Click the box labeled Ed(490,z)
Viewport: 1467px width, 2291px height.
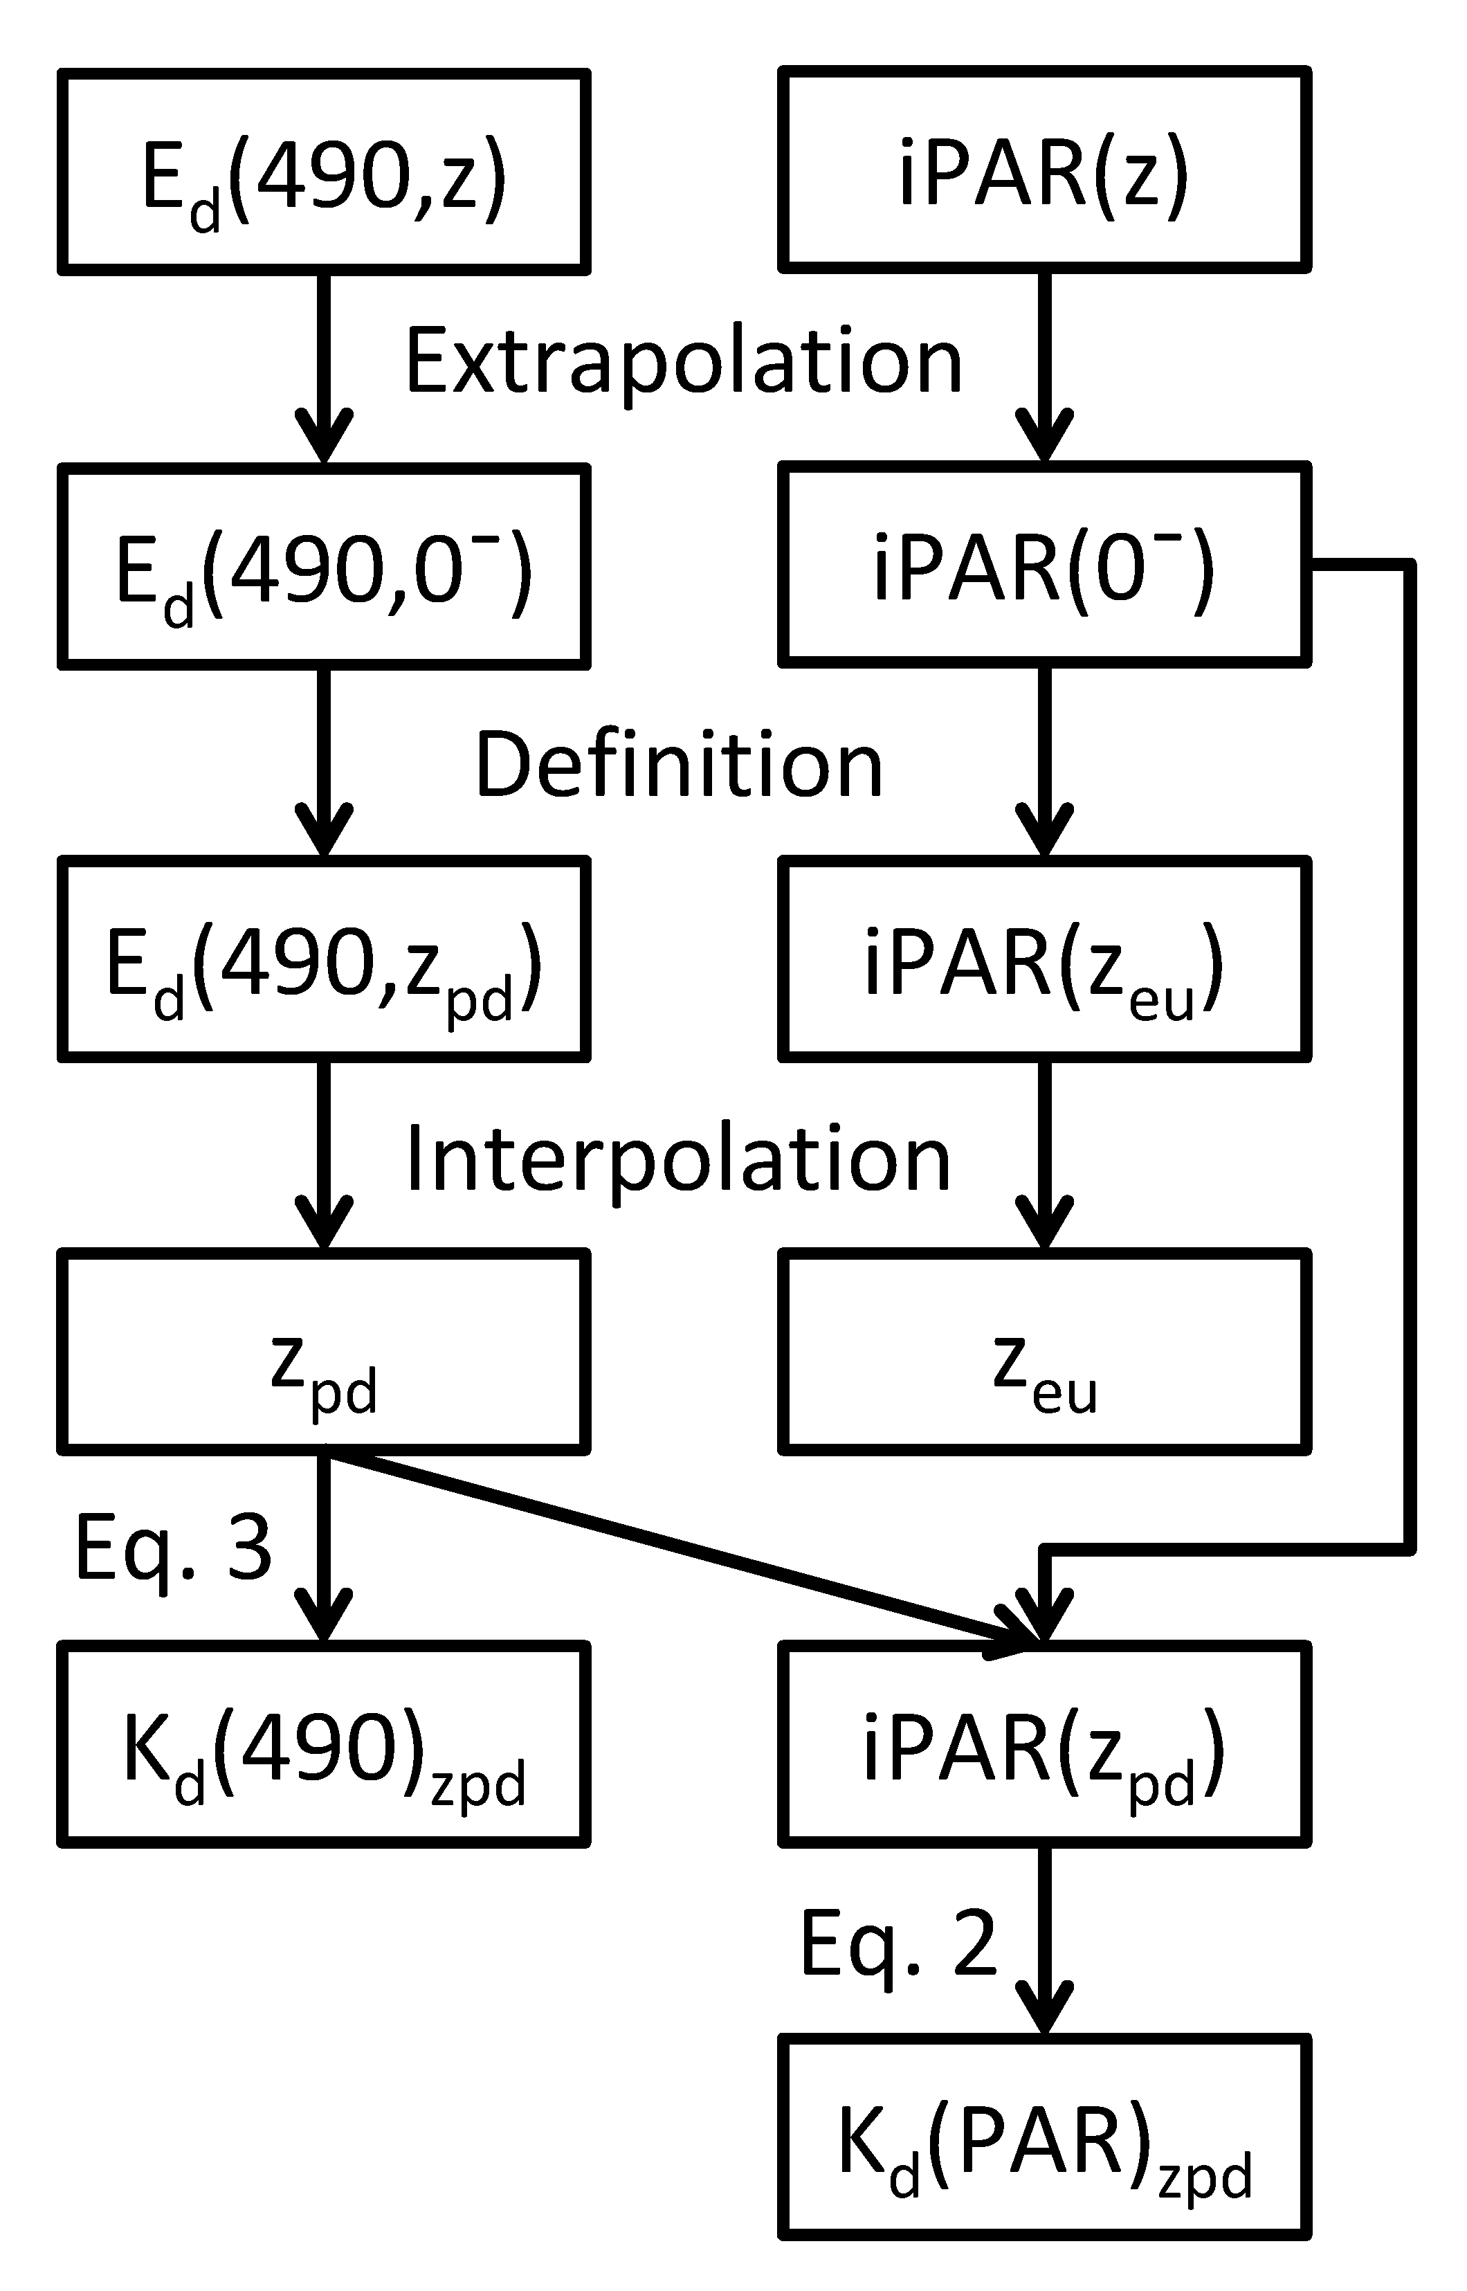[324, 172]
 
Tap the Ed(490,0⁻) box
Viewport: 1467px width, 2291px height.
[324, 567]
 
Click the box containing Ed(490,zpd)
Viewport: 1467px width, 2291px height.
[324, 959]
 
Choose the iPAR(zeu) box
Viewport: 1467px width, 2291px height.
[1044, 959]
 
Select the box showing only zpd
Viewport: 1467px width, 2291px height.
[324, 1352]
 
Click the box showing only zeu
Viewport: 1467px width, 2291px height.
[1044, 1352]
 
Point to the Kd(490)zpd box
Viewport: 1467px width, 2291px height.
[324, 1744]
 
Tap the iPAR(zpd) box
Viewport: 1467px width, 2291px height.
[1044, 1744]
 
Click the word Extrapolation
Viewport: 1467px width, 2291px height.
[683, 362]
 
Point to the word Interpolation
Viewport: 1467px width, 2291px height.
[678, 1159]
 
